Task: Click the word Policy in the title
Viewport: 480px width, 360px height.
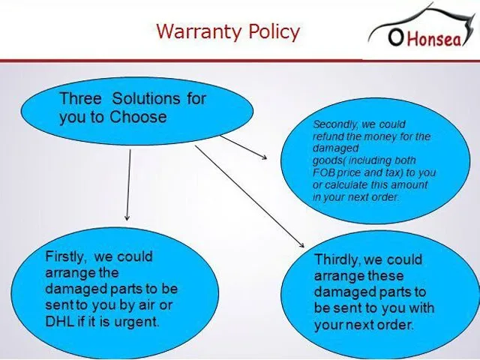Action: point(274,32)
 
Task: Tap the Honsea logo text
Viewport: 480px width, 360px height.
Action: point(434,39)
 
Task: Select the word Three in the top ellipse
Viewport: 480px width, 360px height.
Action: point(80,98)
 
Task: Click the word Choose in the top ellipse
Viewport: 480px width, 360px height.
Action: point(138,117)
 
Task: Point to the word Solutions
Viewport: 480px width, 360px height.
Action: point(146,98)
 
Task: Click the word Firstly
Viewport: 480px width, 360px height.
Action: point(64,256)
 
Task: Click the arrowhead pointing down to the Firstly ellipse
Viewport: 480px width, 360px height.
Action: point(127,217)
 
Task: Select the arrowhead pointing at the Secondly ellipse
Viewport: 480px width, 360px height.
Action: point(263,157)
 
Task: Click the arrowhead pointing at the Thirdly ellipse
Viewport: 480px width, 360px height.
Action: point(301,244)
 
